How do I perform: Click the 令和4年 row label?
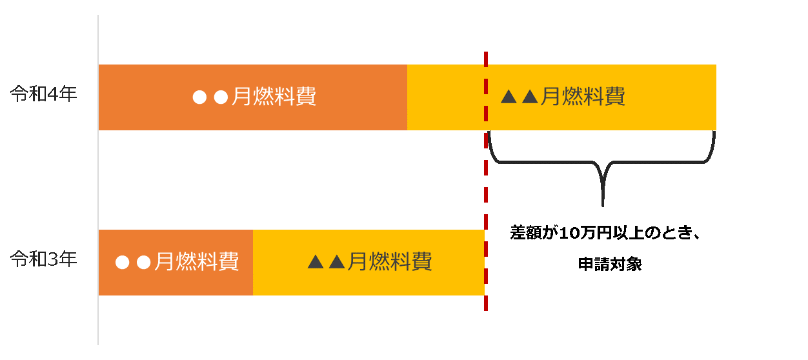click(x=43, y=95)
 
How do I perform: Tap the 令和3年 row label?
click(x=43, y=259)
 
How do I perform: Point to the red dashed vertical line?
click(x=485, y=194)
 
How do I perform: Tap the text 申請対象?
click(x=609, y=265)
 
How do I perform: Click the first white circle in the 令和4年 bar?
click(x=201, y=98)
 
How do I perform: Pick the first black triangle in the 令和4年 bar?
click(x=509, y=97)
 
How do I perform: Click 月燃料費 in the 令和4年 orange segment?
click(x=274, y=97)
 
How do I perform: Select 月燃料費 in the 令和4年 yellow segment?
click(x=583, y=97)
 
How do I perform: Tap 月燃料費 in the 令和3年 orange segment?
click(x=196, y=262)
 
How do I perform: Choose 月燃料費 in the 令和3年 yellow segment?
click(x=389, y=262)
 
